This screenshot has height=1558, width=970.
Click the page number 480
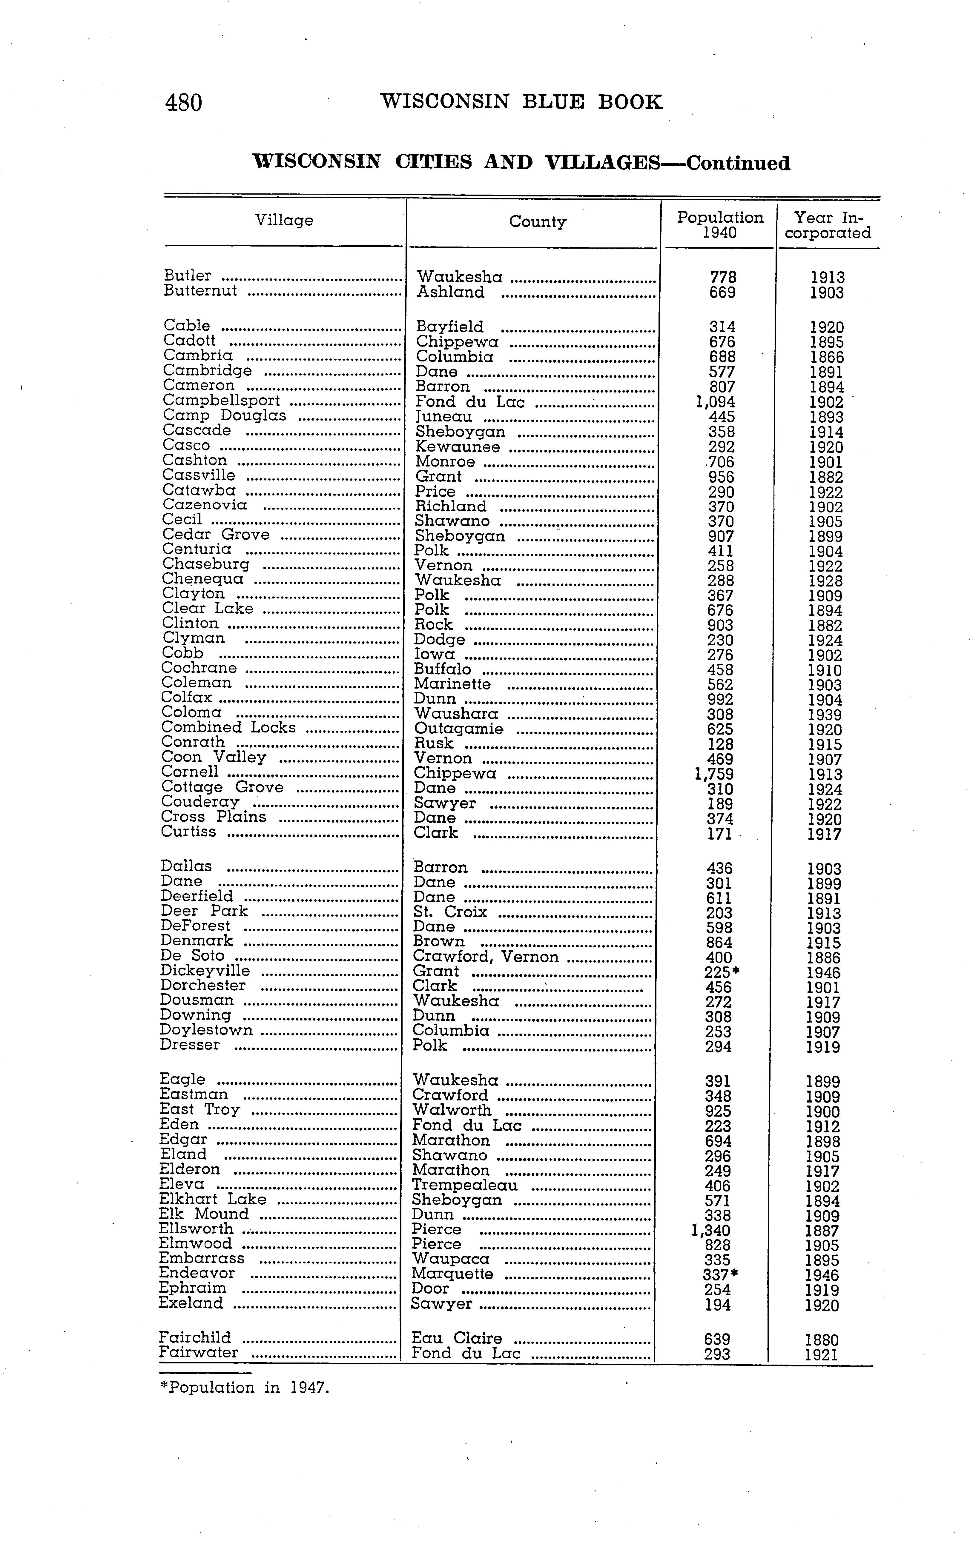183,103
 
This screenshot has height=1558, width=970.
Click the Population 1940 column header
720,225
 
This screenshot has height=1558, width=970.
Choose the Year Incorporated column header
828,225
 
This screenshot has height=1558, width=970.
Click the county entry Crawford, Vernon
486,957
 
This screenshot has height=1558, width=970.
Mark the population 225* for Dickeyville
721,972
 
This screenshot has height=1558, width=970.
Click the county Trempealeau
464,1186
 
